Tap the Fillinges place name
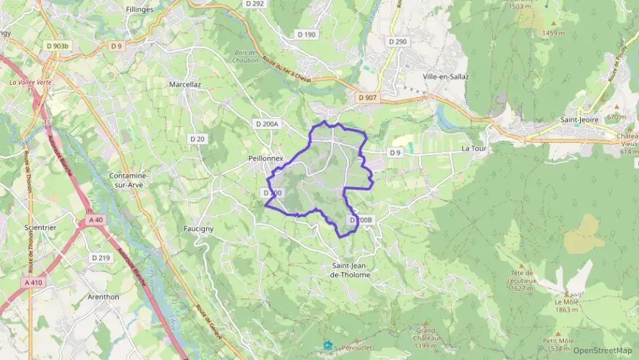pos(139,10)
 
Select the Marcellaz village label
pos(184,85)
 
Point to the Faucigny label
pos(199,228)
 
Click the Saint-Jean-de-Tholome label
pos(351,270)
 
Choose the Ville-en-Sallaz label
pos(445,77)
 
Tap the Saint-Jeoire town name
pos(579,120)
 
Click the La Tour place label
pos(473,148)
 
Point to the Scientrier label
pos(40,227)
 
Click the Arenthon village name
pos(103,296)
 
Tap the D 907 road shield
pos(367,98)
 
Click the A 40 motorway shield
pos(95,220)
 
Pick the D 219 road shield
pos(100,258)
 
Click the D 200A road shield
pos(266,124)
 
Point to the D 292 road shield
pos(254,3)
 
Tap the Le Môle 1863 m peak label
pos(567,305)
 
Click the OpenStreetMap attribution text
pos(603,350)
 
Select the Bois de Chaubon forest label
pos(244,57)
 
